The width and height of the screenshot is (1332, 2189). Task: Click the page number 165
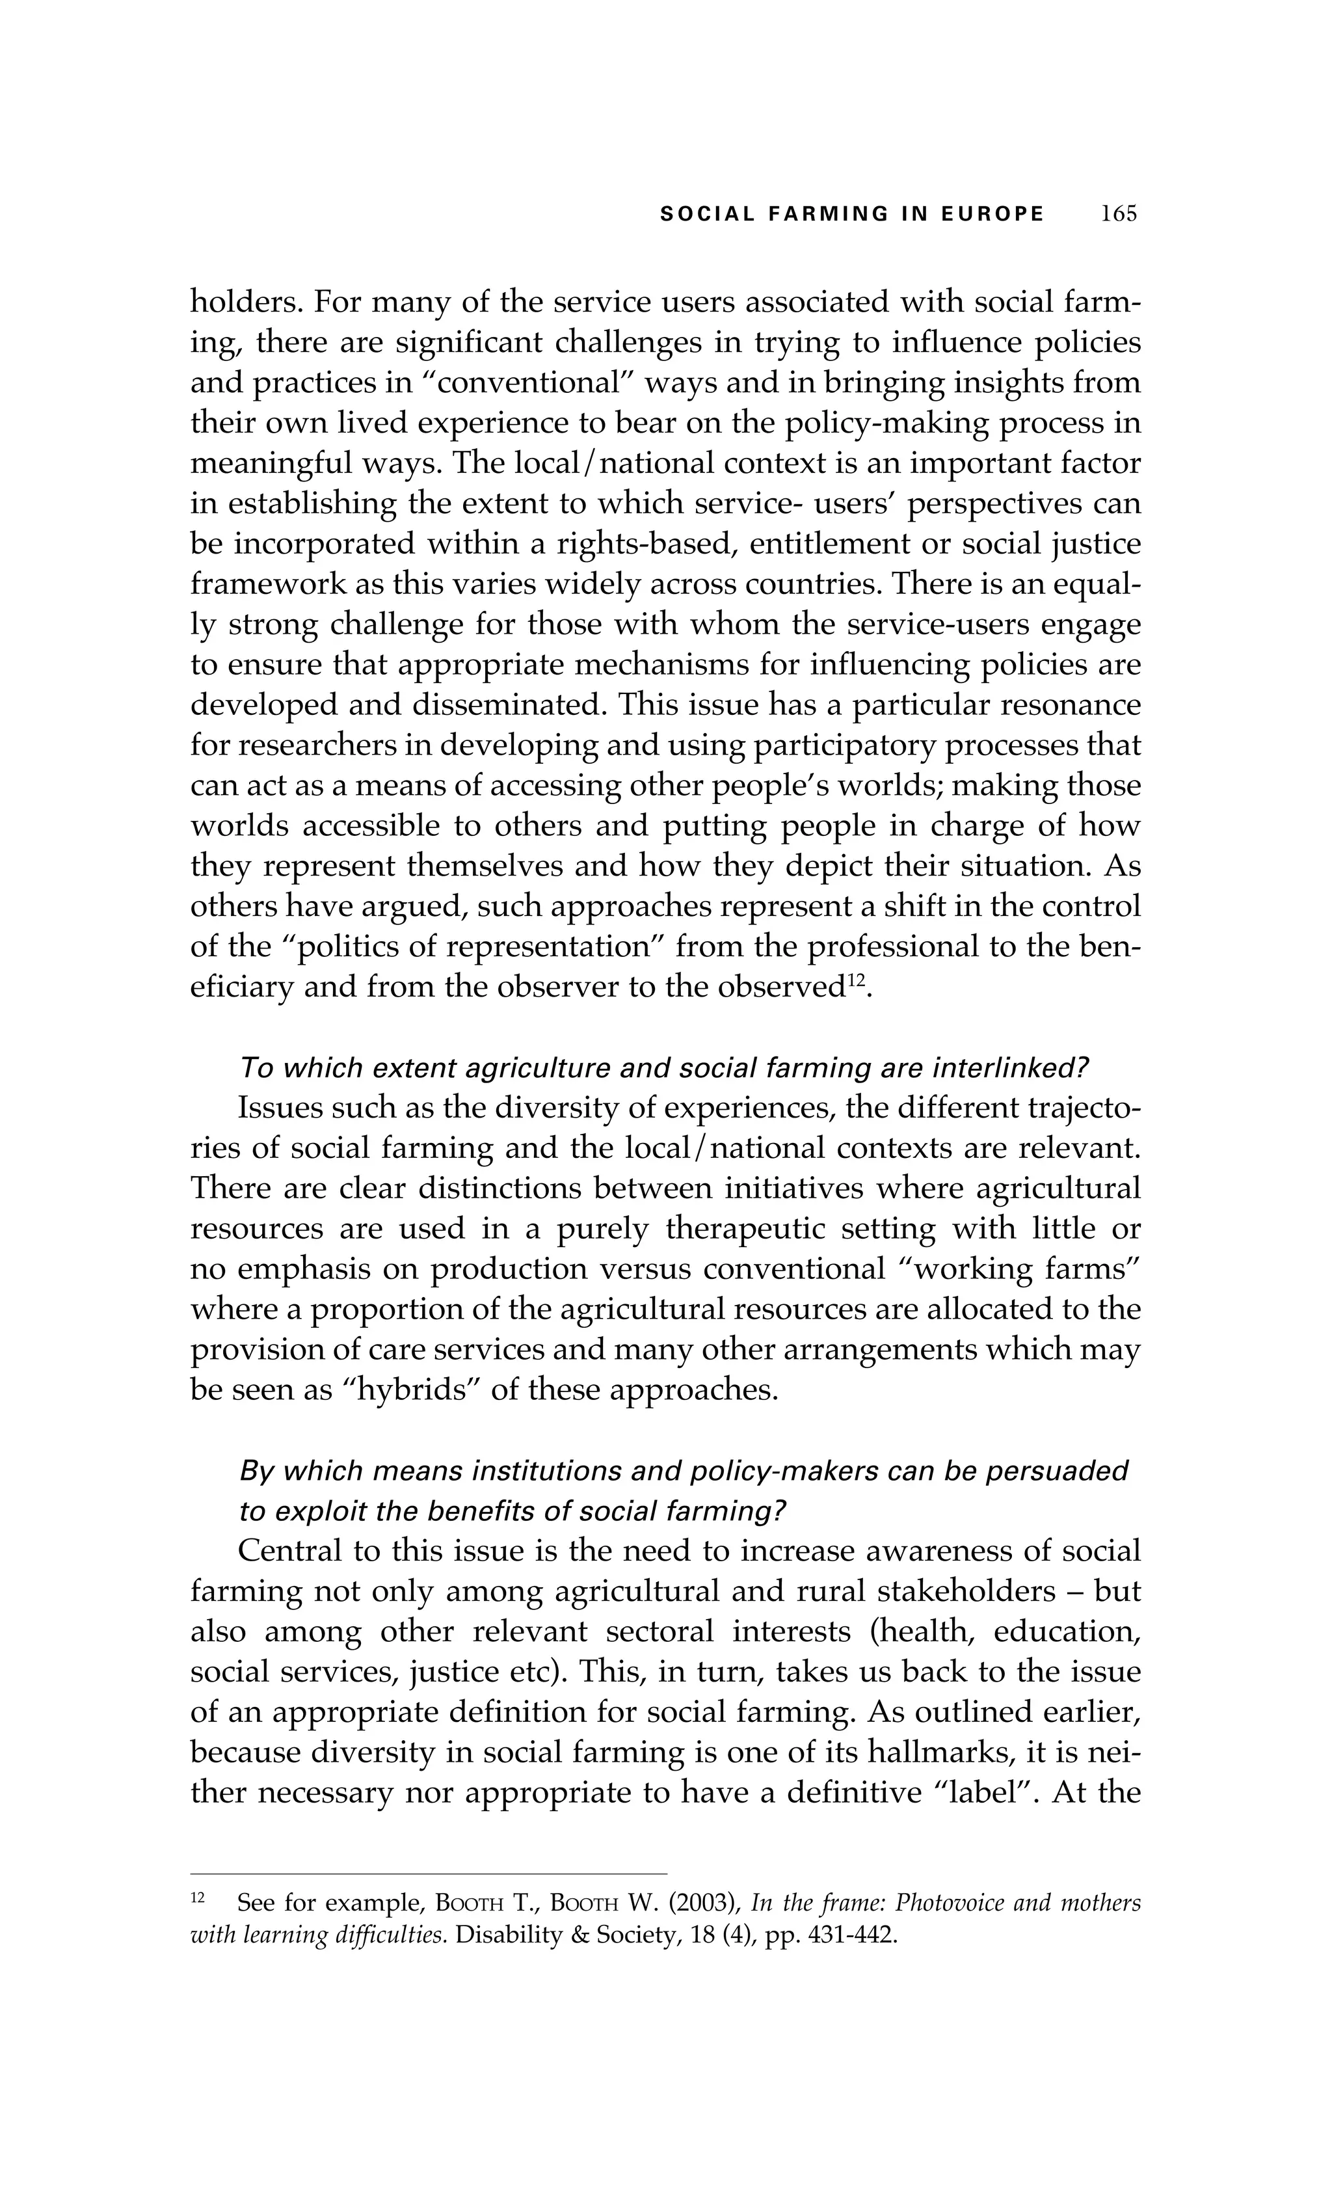tap(1118, 214)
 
